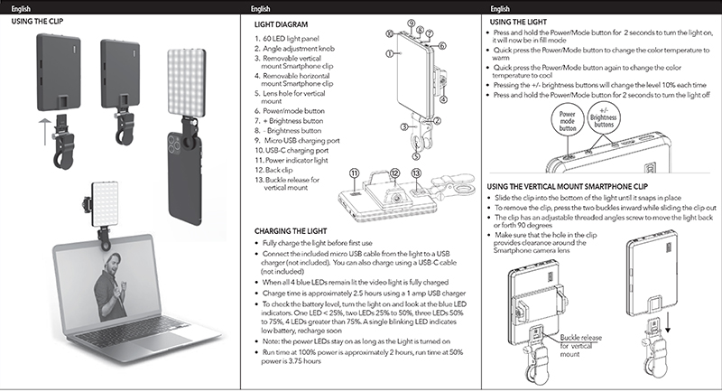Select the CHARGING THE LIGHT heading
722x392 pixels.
291,232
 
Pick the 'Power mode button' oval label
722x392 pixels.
568,121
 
